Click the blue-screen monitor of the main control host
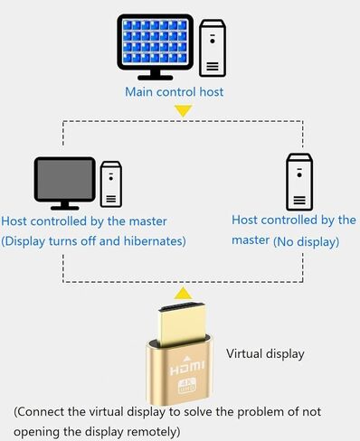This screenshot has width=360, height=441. pos(156,43)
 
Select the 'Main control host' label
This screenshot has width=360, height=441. pos(175,91)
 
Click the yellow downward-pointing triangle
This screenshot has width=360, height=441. pos(184,111)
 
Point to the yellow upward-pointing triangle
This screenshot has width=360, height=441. pos(184,293)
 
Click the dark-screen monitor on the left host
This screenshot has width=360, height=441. pos(64,182)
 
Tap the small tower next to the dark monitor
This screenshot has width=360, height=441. pos(110,184)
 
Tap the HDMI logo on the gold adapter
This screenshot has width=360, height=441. pos(184,371)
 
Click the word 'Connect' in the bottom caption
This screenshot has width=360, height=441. pos(44,412)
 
